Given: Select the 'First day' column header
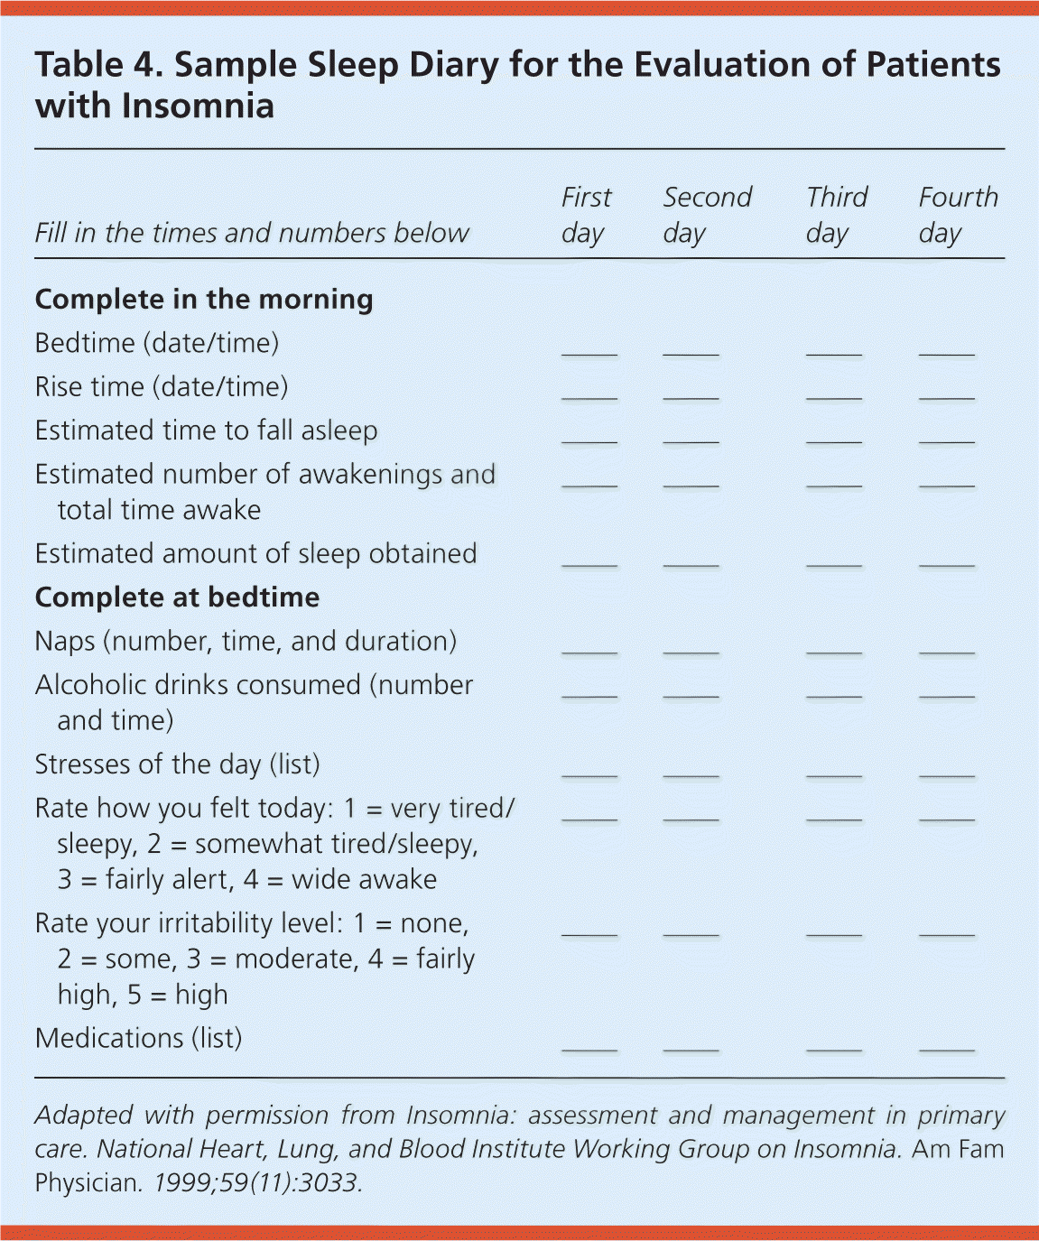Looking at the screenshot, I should pos(586,215).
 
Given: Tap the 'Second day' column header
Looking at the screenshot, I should pos(707,215).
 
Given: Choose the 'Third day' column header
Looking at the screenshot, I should pos(836,215).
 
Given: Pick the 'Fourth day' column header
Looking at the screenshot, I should pos(958,215).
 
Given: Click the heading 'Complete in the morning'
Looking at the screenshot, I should pos(204,300).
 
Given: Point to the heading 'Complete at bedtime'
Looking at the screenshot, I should pos(177,597).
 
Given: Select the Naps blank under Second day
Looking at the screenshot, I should pos(691,647).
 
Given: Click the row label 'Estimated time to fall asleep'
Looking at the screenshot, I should pos(206,431).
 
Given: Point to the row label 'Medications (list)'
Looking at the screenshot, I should pos(138,1038).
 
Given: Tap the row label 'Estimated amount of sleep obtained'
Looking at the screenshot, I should pos(255,553).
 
